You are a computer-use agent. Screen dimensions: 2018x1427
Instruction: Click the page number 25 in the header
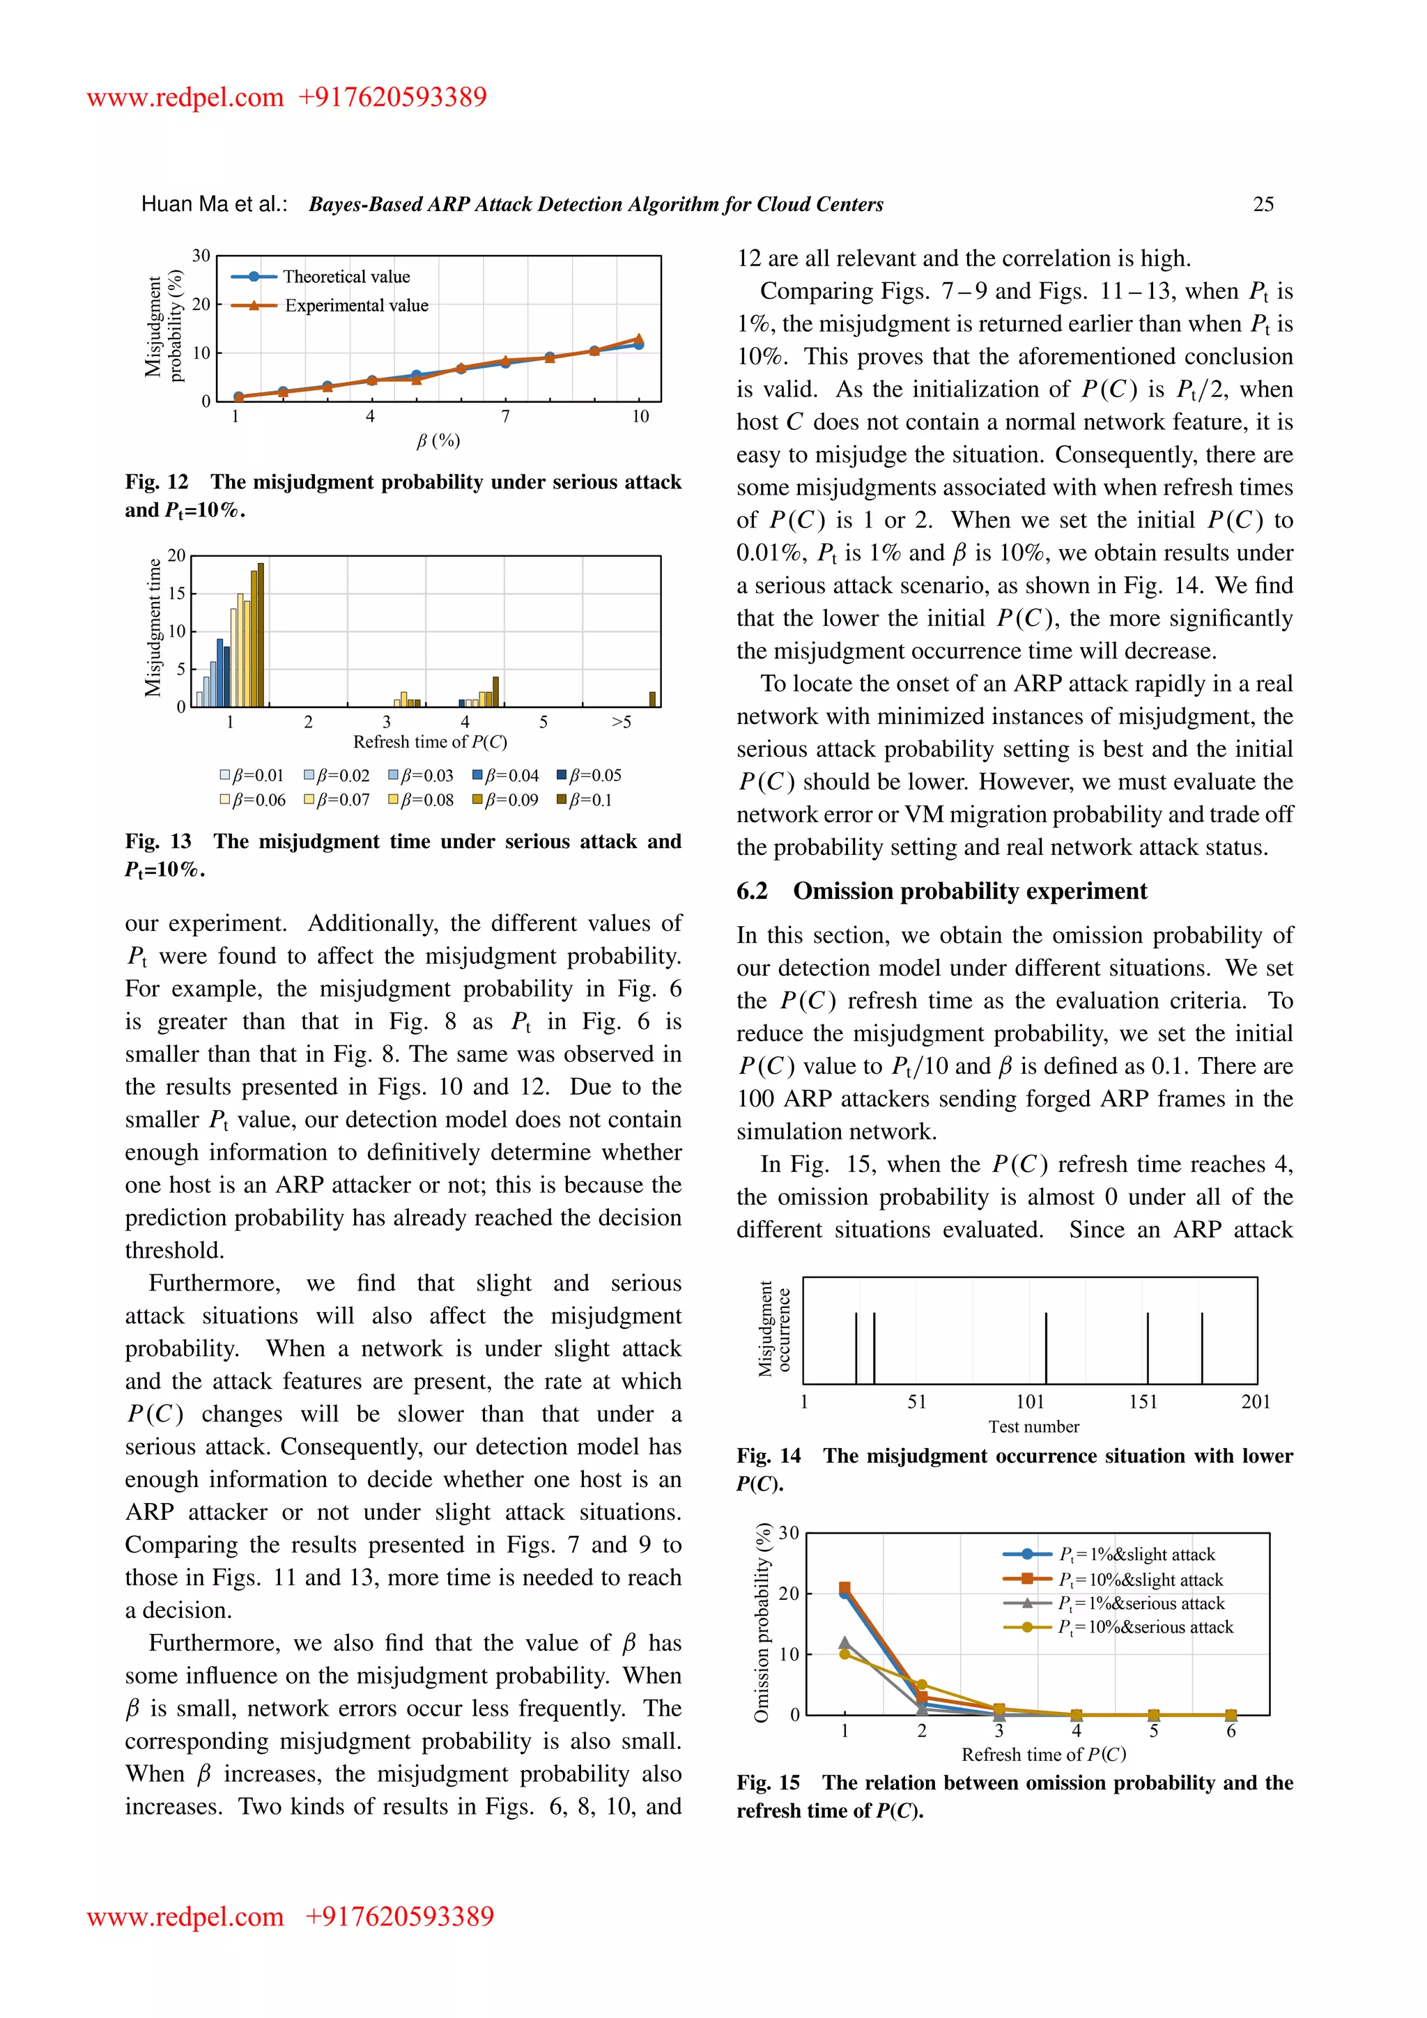tap(1263, 205)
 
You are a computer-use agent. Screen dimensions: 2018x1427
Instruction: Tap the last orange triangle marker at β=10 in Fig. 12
tap(639, 339)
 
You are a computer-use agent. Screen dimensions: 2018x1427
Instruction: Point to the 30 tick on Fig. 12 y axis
tap(201, 256)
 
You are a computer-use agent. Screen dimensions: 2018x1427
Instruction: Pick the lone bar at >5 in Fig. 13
tap(652, 699)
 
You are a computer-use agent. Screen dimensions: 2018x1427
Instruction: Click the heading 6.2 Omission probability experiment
tap(941, 891)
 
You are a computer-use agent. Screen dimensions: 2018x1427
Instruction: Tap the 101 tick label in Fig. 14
tap(1029, 1402)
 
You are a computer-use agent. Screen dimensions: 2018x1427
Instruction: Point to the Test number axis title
tap(1033, 1426)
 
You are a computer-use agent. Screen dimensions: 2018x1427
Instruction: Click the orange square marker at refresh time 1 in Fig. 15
tap(844, 1587)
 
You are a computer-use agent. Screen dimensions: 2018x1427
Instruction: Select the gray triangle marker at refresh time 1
tap(844, 1642)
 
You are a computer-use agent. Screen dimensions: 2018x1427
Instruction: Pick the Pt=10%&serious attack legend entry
tap(1145, 1627)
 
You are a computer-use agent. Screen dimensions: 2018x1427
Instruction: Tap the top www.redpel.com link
tap(185, 97)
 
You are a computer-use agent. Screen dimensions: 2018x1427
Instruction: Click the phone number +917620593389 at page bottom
tap(399, 1916)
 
